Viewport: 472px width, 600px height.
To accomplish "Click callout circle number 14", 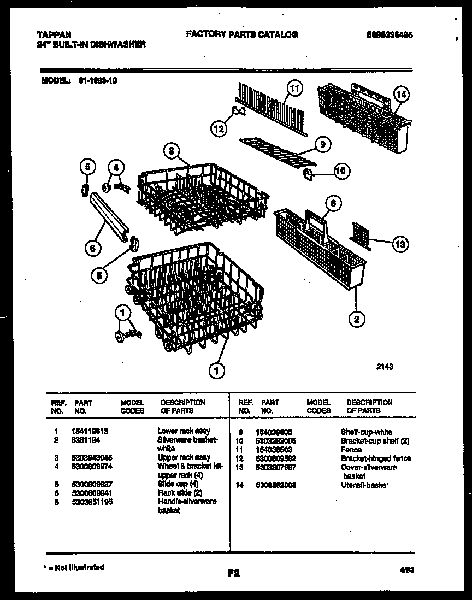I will (x=402, y=94).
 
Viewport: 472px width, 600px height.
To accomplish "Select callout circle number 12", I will (x=218, y=129).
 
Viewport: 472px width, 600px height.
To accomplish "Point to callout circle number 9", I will (x=323, y=144).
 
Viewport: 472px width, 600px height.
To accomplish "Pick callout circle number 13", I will (x=400, y=244).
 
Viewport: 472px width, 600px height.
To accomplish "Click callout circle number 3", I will (x=171, y=150).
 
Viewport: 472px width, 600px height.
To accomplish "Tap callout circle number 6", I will (x=93, y=248).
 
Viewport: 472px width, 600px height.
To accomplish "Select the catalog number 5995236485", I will (x=390, y=34).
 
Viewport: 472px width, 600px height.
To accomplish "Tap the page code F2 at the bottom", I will (x=233, y=573).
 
